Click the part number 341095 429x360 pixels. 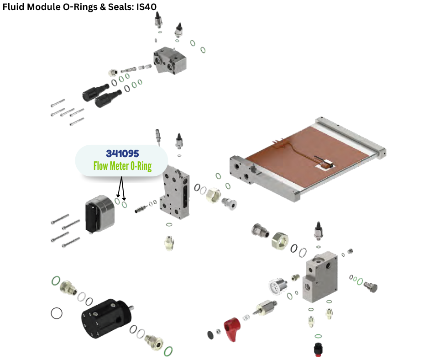point(122,154)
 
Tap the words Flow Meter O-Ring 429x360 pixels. point(122,166)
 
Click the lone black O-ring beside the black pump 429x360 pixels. point(57,313)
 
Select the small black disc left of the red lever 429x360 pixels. point(210,334)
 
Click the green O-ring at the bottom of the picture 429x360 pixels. point(167,351)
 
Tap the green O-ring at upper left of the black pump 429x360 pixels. point(56,281)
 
